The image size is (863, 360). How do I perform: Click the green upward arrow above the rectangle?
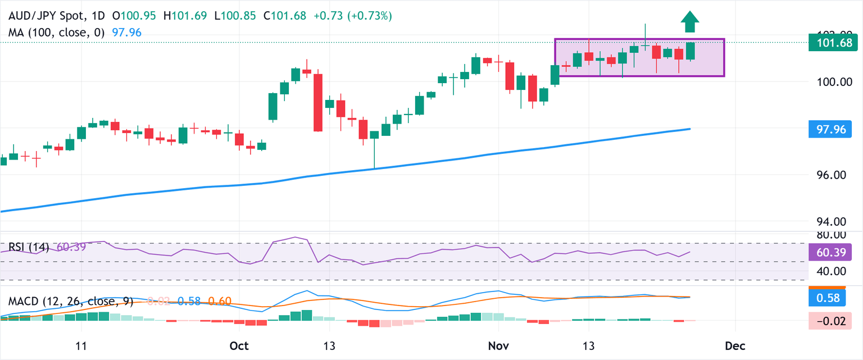pyautogui.click(x=689, y=22)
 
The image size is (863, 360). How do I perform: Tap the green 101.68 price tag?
pyautogui.click(x=833, y=42)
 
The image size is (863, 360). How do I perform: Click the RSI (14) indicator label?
pyautogui.click(x=29, y=247)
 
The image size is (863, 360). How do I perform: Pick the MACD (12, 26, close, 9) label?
pyautogui.click(x=71, y=302)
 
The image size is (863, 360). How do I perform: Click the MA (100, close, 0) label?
pyautogui.click(x=57, y=32)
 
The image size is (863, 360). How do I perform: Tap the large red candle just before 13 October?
pyautogui.click(x=318, y=102)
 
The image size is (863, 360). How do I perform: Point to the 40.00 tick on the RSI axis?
pyautogui.click(x=830, y=271)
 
